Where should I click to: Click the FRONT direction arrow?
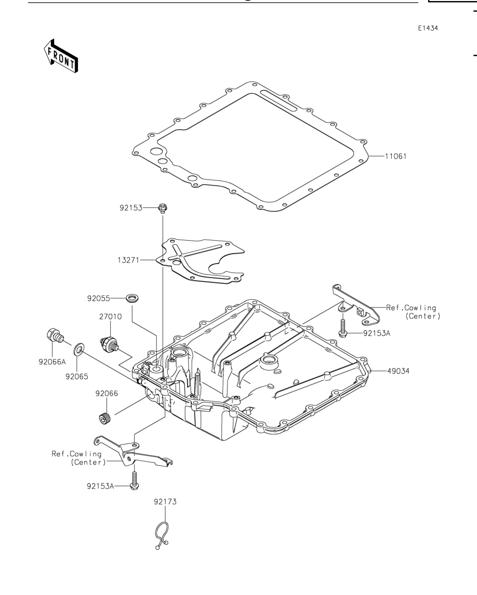point(61,56)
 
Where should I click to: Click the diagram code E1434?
point(428,28)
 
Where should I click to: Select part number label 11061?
point(395,156)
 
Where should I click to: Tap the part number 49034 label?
point(399,371)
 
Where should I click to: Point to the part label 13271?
point(128,260)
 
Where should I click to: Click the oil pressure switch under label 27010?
point(110,343)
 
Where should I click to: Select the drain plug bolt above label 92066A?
point(55,336)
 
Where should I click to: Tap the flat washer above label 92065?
point(79,348)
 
